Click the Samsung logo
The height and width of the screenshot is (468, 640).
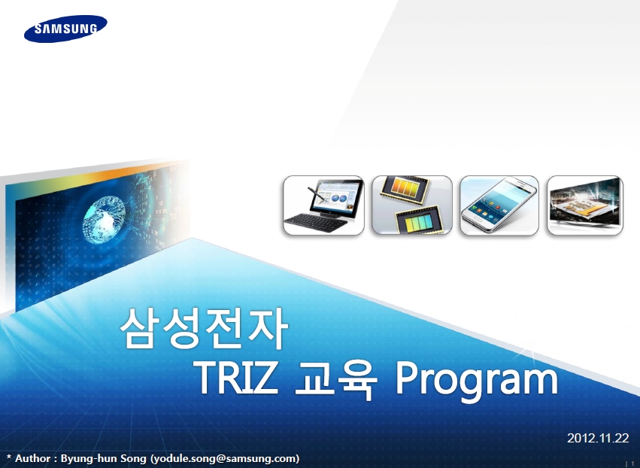pos(65,29)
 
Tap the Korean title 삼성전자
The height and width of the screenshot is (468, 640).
pos(204,328)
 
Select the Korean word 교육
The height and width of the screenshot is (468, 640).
pos(336,379)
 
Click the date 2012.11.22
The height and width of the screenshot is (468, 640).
pos(598,438)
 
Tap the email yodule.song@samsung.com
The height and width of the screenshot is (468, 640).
pos(226,459)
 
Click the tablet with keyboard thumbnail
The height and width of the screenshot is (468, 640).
pos(323,205)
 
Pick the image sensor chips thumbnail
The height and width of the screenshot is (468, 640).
pos(412,205)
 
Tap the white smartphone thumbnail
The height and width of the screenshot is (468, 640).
pos(499,205)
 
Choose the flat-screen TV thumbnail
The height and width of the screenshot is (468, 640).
pos(585,205)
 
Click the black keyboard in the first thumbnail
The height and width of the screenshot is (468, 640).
pos(316,223)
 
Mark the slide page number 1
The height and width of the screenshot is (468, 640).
pos(633,463)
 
